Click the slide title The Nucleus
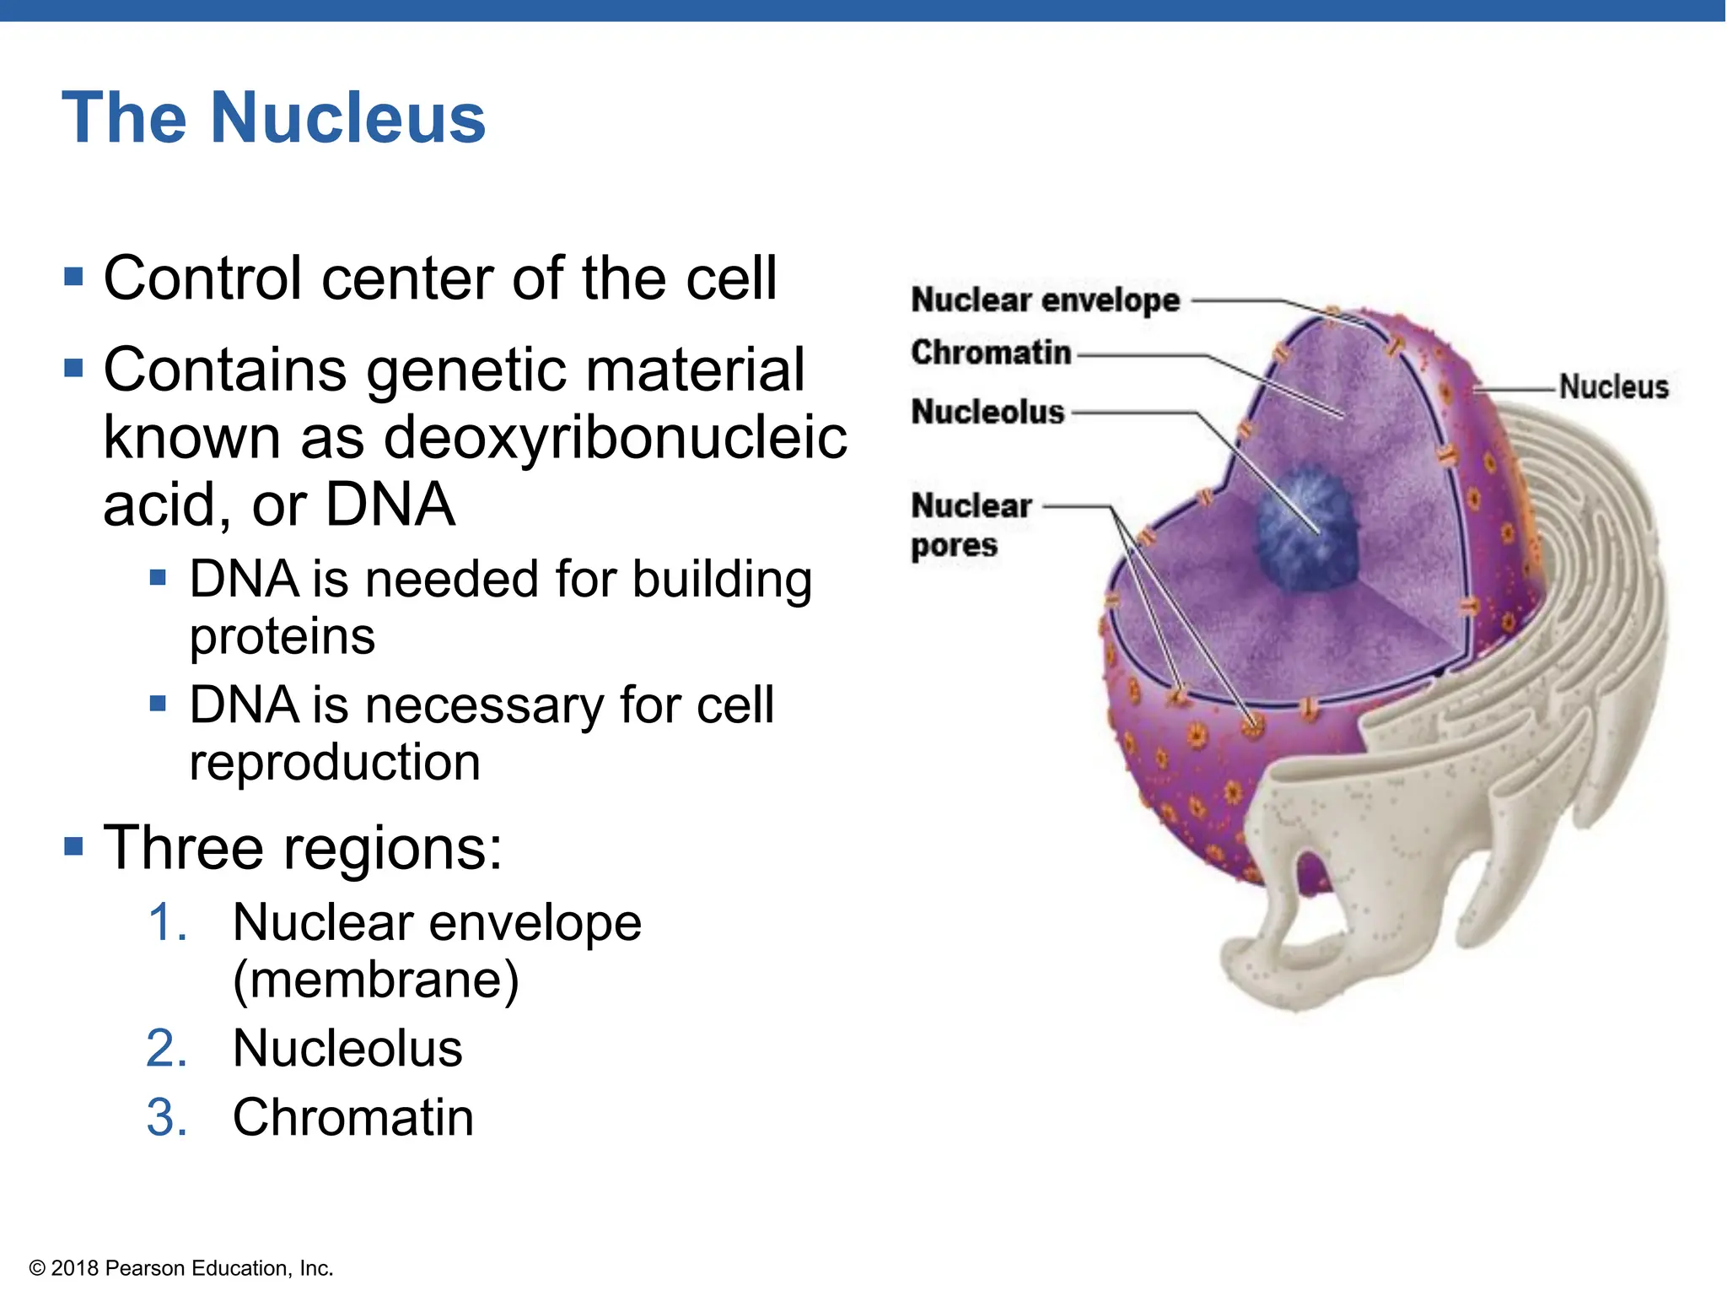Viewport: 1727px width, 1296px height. pos(274,118)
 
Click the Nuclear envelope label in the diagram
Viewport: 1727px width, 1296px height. pos(1045,300)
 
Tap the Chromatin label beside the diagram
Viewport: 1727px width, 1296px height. pos(991,353)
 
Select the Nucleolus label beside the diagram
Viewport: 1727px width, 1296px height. pos(987,413)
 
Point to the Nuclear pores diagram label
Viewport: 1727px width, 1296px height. pos(970,525)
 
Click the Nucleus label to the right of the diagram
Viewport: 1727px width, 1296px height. pos(1613,387)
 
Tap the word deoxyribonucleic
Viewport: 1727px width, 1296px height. pos(616,438)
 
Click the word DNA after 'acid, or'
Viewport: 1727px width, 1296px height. pos(390,505)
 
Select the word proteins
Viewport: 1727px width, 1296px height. pos(282,636)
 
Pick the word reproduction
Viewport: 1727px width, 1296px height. pos(335,762)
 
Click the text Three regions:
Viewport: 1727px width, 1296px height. pos(303,847)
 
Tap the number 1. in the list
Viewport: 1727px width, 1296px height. pos(167,922)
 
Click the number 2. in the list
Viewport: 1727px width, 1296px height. pos(167,1049)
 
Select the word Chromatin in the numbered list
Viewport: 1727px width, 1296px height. pos(353,1118)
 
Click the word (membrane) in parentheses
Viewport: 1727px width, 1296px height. pos(376,980)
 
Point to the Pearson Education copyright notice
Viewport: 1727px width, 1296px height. pos(181,1268)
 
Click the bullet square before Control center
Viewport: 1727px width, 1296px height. pos(74,277)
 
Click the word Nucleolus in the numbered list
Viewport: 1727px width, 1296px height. pos(347,1049)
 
